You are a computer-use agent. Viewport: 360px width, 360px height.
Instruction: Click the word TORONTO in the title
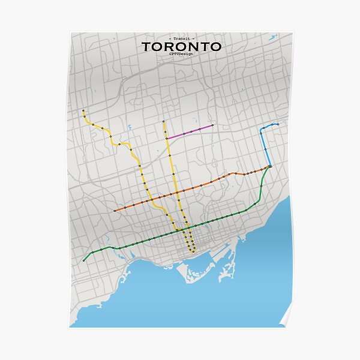pyautogui.click(x=181, y=46)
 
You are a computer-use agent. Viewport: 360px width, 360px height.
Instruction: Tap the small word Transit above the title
pyautogui.click(x=181, y=38)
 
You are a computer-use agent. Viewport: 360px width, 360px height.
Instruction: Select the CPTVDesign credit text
pyautogui.click(x=181, y=54)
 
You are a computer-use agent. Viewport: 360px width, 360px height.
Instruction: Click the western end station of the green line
pyautogui.click(x=83, y=260)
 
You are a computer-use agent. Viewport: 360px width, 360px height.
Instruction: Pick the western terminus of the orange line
pyautogui.click(x=115, y=211)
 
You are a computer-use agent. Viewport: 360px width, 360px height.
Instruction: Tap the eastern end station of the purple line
pyautogui.click(x=212, y=125)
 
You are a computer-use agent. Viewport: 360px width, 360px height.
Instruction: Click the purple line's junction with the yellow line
pyautogui.click(x=166, y=139)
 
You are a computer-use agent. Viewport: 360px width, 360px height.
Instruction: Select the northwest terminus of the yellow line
pyautogui.click(x=83, y=110)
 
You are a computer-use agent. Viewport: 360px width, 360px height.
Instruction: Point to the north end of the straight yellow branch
pyautogui.click(x=163, y=121)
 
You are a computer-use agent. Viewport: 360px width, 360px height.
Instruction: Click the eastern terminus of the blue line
pyautogui.click(x=278, y=124)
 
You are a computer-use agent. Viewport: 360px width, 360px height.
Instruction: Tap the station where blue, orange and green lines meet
pyautogui.click(x=270, y=166)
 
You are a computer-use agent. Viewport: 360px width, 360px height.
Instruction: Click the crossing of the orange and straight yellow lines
pyautogui.click(x=171, y=194)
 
